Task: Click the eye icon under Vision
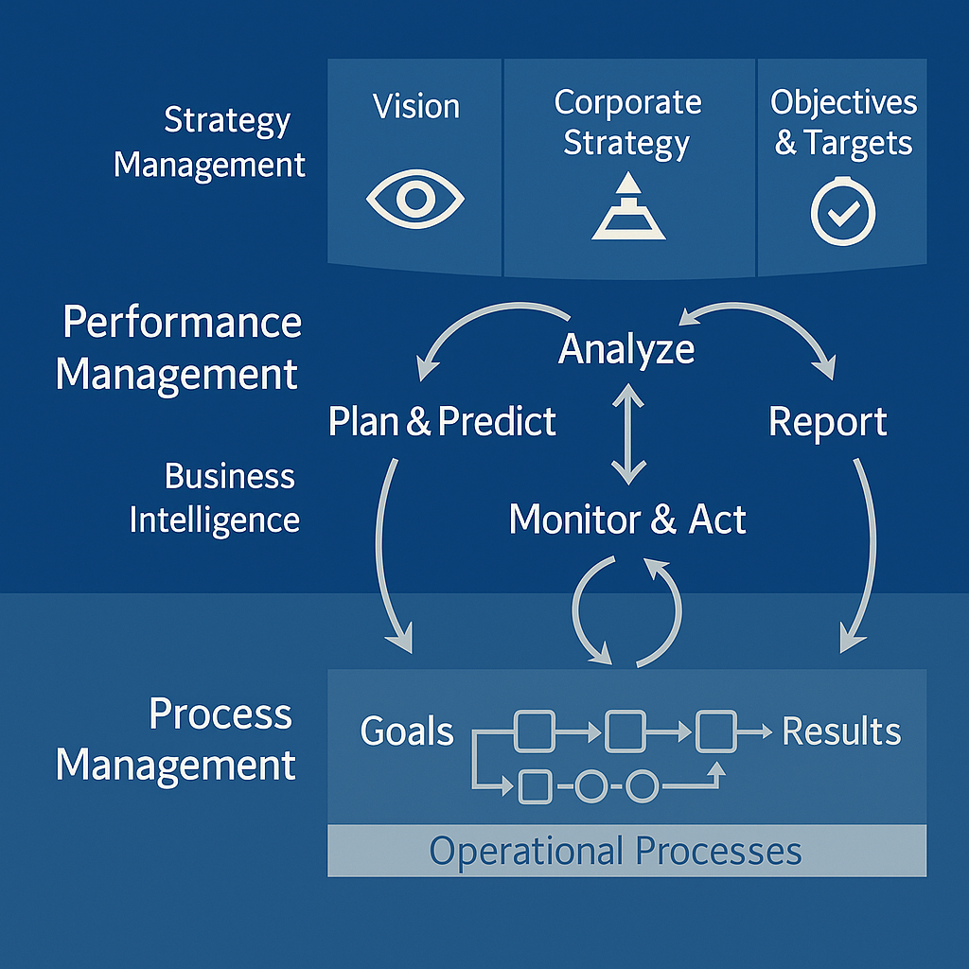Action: click(414, 200)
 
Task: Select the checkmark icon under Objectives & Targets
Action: click(842, 213)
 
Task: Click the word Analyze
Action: click(626, 349)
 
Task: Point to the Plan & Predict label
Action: click(442, 421)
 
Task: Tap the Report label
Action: click(827, 422)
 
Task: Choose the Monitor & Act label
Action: click(627, 520)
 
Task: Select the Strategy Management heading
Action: click(210, 142)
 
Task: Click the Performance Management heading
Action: click(179, 348)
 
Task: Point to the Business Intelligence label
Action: click(215, 498)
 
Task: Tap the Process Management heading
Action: click(176, 738)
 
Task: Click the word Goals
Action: click(407, 731)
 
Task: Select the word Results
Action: click(841, 731)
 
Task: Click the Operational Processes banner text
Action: click(616, 851)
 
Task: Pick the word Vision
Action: click(416, 106)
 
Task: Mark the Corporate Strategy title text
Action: click(627, 123)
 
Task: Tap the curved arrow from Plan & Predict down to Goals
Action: click(386, 558)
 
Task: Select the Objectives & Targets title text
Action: click(843, 123)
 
